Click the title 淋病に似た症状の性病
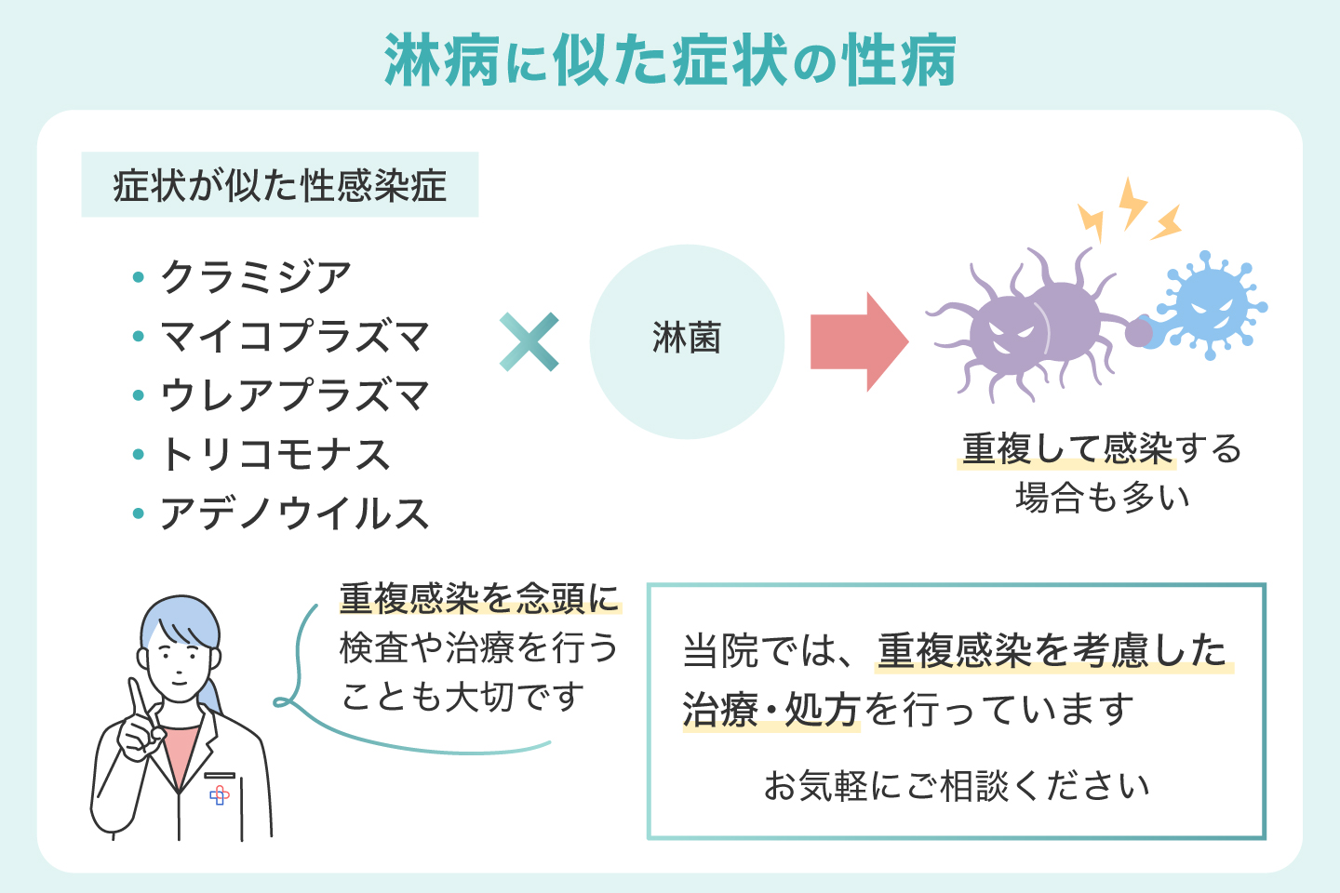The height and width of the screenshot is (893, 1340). point(670,61)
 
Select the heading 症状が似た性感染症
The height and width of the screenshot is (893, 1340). point(279,185)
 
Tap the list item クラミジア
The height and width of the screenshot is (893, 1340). point(255,276)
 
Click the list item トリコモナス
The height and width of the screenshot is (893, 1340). point(275,455)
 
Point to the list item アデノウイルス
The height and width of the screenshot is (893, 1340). point(294,513)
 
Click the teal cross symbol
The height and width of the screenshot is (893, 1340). point(529,342)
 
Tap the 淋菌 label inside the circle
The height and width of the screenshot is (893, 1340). point(687,339)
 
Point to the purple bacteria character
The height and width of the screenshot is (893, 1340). point(1033,326)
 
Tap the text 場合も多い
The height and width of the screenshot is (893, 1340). point(1102,498)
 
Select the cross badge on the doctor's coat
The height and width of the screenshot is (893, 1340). point(220,795)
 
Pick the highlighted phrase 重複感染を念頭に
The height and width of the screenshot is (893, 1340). point(479,598)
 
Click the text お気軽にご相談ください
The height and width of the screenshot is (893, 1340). point(957,786)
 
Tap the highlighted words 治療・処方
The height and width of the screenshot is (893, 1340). point(770,711)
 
